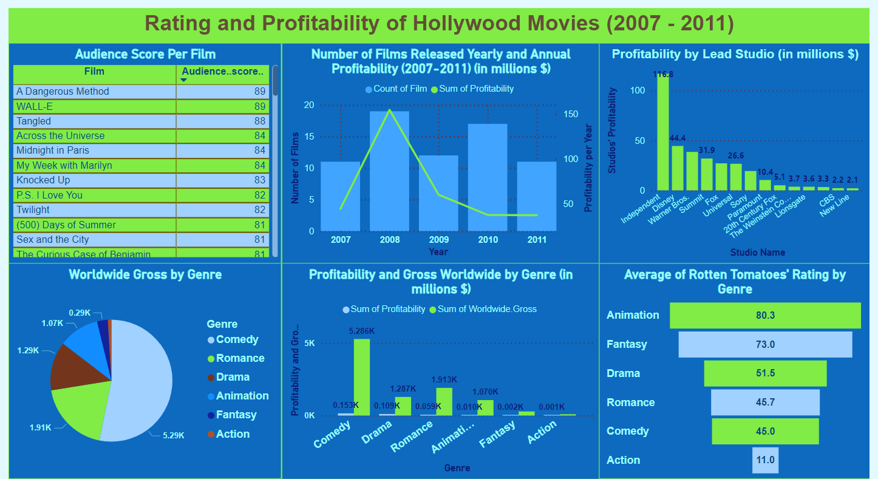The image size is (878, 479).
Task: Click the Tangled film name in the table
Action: coord(34,121)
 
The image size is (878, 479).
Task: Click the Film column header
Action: coord(94,72)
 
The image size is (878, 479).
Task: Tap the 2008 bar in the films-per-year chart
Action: coord(389,171)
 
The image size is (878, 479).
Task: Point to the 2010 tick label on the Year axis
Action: coord(488,240)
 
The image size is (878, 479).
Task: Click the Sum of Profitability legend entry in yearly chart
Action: coord(472,89)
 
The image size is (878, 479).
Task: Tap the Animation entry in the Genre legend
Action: coord(242,396)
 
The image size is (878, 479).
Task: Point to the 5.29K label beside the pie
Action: coord(172,435)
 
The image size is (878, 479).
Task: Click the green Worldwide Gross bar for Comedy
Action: coord(362,377)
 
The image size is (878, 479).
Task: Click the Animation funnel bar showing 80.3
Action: coord(765,316)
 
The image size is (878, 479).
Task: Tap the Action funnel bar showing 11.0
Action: coord(765,460)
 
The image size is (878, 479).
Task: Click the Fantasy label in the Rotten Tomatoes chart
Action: coord(627,344)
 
